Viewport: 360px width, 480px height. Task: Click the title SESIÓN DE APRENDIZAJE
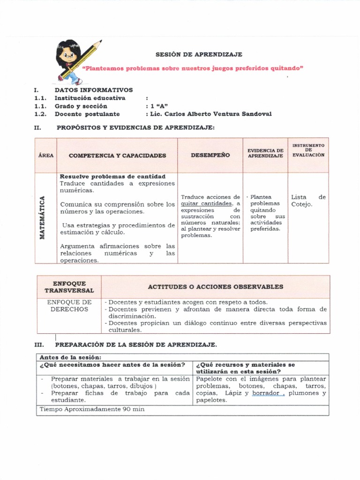[192, 54]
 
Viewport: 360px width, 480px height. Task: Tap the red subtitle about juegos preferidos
[193, 68]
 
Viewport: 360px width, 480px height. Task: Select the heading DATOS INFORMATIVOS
[94, 90]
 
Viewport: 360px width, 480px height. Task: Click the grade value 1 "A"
[159, 106]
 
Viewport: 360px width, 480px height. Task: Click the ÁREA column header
[46, 155]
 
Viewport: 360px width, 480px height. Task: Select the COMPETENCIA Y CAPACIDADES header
[117, 155]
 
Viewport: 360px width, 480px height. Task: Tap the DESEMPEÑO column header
[210, 155]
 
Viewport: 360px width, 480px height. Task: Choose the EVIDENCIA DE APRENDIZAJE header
[265, 153]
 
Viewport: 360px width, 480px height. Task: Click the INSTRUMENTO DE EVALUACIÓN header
[308, 150]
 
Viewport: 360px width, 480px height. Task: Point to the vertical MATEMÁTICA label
[43, 217]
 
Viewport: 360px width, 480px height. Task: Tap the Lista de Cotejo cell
[308, 201]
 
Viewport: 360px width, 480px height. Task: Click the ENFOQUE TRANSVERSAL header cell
[69, 287]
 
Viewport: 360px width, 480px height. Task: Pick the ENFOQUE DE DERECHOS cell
[69, 306]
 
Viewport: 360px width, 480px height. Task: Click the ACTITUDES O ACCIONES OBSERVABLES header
[215, 286]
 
